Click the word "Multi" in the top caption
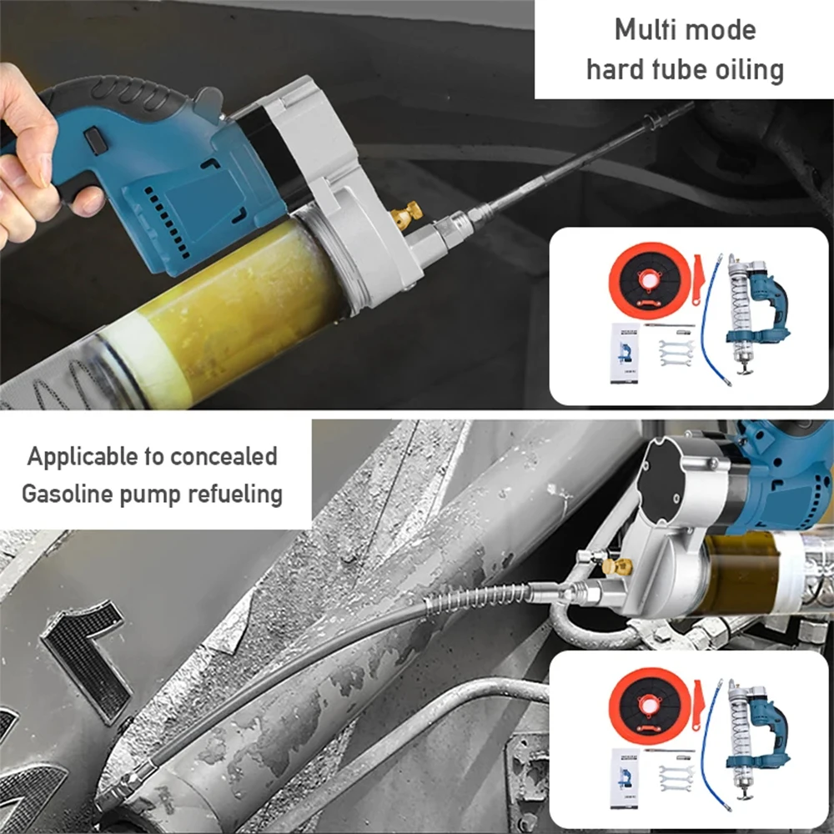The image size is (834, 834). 641,30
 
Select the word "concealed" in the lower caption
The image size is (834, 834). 224,456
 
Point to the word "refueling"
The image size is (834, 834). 235,495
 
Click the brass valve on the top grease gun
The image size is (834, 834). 408,215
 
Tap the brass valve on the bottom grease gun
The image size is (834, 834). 617,566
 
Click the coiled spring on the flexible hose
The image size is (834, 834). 479,598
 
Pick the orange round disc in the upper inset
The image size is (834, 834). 650,280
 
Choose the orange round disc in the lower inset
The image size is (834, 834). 650,706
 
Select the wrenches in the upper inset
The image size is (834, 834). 676,353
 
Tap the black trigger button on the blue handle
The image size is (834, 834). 95,141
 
